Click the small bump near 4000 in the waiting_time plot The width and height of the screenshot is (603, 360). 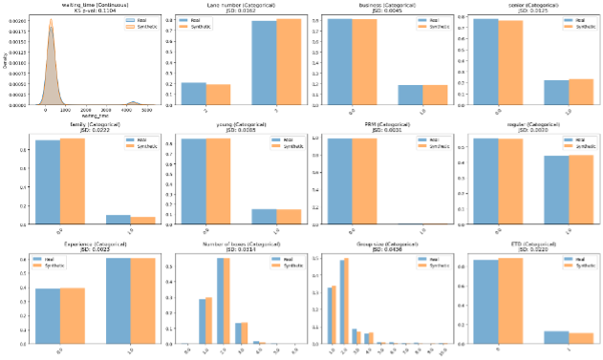pyautogui.click(x=133, y=102)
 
